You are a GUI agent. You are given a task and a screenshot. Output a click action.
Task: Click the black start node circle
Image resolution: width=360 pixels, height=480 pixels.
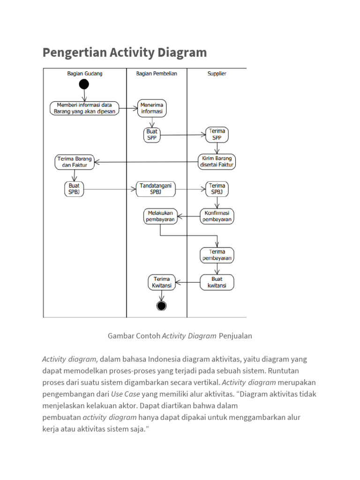(x=84, y=84)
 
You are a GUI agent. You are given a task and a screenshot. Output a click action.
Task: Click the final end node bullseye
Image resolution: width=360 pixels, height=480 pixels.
(x=162, y=306)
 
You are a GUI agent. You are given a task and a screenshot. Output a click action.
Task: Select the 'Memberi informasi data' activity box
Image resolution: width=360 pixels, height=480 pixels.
(x=84, y=108)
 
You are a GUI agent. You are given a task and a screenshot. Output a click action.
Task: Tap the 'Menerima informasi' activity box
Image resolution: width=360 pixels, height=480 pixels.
(x=152, y=108)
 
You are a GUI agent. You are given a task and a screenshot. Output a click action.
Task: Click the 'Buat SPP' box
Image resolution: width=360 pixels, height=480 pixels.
(x=152, y=135)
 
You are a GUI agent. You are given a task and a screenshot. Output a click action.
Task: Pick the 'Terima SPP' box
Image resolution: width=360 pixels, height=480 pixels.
(x=217, y=135)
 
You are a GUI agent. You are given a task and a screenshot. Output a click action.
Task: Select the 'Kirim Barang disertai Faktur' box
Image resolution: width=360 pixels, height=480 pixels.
(x=217, y=161)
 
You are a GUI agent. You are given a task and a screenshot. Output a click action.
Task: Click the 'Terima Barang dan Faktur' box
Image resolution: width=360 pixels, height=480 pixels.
(x=75, y=162)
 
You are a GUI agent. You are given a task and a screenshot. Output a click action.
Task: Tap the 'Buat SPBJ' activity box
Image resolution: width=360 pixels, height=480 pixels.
(x=74, y=189)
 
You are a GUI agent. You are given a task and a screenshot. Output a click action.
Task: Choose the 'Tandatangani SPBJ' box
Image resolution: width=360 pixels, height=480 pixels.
(x=156, y=189)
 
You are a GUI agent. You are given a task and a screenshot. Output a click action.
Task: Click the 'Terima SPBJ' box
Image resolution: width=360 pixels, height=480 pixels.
(x=217, y=189)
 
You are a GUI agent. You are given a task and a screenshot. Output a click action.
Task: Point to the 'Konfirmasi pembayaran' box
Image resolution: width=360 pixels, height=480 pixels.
(x=217, y=216)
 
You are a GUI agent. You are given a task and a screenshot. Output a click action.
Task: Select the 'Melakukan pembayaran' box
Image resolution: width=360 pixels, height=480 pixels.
(x=160, y=216)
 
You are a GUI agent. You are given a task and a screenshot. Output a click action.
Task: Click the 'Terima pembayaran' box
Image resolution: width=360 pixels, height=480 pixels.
(x=217, y=255)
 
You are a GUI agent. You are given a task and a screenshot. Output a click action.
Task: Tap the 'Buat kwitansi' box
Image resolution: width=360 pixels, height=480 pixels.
(x=217, y=282)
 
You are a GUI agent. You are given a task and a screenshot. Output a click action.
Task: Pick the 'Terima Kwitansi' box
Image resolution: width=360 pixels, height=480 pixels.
(x=162, y=282)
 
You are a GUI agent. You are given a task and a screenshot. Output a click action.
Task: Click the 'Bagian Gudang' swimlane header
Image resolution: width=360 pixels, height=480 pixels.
(x=85, y=74)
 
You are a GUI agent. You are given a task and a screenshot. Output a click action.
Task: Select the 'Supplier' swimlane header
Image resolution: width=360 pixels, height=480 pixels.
(x=217, y=74)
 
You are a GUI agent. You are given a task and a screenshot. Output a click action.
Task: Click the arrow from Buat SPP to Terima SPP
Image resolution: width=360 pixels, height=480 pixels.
(x=183, y=135)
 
